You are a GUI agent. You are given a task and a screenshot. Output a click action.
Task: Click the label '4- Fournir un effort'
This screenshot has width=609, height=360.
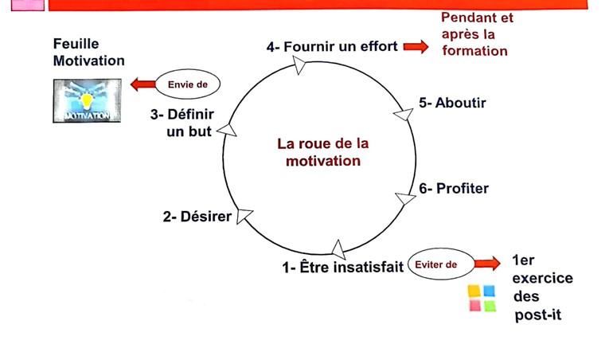tap(332, 47)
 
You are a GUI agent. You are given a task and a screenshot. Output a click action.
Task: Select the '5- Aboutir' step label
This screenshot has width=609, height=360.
tap(452, 103)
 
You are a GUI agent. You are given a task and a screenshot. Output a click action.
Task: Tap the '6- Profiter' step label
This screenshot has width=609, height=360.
tap(454, 189)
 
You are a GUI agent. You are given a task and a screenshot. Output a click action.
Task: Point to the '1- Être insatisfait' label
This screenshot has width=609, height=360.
tap(343, 268)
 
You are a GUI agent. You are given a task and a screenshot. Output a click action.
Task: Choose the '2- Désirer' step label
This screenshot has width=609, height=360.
tap(197, 217)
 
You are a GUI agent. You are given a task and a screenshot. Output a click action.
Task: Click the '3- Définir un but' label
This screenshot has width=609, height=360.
tap(182, 123)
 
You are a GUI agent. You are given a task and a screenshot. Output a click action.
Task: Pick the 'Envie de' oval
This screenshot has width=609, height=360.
tap(188, 84)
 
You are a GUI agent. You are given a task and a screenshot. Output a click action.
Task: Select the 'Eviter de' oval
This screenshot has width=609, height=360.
tap(442, 264)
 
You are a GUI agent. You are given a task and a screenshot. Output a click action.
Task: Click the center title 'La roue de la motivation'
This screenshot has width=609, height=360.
tap(322, 152)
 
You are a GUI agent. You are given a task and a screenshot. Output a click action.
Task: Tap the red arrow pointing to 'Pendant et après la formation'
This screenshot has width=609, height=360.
tap(416, 47)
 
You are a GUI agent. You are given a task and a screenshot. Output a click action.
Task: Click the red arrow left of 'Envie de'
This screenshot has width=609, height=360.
tap(143, 84)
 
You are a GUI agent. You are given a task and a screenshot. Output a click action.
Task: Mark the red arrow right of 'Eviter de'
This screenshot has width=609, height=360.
tap(487, 264)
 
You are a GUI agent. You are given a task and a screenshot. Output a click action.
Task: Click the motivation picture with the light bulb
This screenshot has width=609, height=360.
tap(87, 100)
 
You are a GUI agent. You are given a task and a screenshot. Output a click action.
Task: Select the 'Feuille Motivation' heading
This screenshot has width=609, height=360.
tap(88, 52)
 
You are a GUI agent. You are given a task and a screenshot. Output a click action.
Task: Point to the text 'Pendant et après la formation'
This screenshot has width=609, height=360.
tap(478, 34)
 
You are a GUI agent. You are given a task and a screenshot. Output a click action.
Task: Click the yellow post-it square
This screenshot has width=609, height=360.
tap(474, 292)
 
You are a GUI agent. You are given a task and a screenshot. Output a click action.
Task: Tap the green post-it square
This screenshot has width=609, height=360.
tap(490, 306)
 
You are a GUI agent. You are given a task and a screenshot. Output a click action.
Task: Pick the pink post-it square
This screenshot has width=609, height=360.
tap(475, 306)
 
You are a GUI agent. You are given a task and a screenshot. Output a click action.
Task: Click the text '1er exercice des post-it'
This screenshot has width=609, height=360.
tap(542, 288)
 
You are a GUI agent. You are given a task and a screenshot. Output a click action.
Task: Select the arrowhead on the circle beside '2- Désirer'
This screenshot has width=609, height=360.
tap(244, 215)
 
